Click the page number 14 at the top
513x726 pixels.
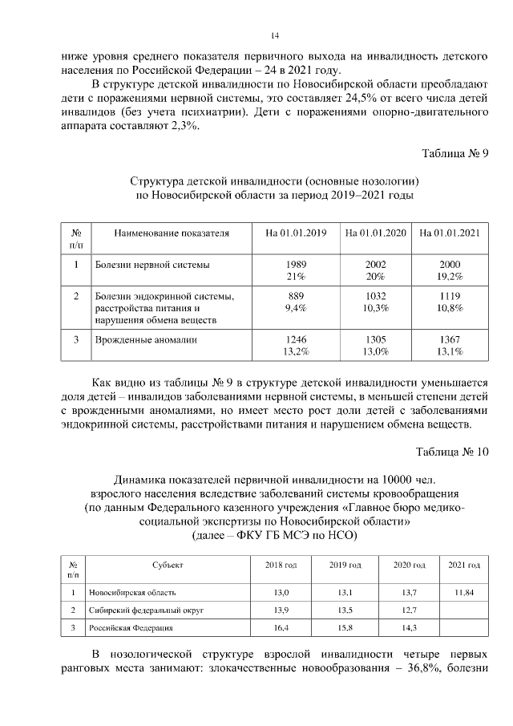click(274, 35)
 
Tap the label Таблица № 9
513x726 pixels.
click(454, 153)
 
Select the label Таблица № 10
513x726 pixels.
click(452, 451)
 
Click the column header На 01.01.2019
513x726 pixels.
click(296, 233)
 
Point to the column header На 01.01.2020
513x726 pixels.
click(376, 233)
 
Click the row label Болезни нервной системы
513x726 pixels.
click(151, 265)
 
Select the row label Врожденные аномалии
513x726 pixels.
click(147, 340)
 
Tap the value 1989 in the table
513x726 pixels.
click(296, 265)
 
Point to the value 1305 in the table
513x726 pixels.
click(376, 340)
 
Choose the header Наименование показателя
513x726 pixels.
click(172, 233)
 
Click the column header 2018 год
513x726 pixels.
click(281, 566)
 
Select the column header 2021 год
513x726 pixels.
click(463, 566)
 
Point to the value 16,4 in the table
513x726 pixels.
click(281, 627)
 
